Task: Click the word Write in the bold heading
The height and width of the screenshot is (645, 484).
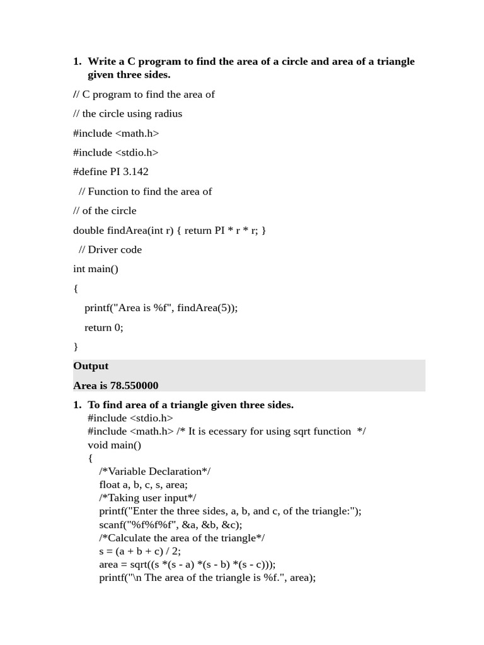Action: (x=102, y=62)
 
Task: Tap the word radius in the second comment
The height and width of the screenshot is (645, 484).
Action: (x=167, y=114)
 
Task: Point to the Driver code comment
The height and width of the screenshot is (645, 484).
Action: (x=110, y=250)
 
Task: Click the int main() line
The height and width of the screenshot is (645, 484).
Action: (x=96, y=270)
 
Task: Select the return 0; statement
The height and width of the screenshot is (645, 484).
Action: (x=104, y=328)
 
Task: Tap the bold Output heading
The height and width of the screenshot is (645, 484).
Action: (x=91, y=366)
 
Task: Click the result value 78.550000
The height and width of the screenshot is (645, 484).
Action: (x=134, y=385)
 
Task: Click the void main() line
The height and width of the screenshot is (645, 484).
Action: (x=115, y=445)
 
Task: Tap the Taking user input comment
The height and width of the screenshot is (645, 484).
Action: (x=147, y=498)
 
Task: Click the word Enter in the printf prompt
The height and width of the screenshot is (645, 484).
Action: (x=151, y=511)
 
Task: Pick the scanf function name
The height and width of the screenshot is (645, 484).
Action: (x=111, y=525)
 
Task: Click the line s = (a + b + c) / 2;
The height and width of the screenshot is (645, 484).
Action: (x=140, y=551)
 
